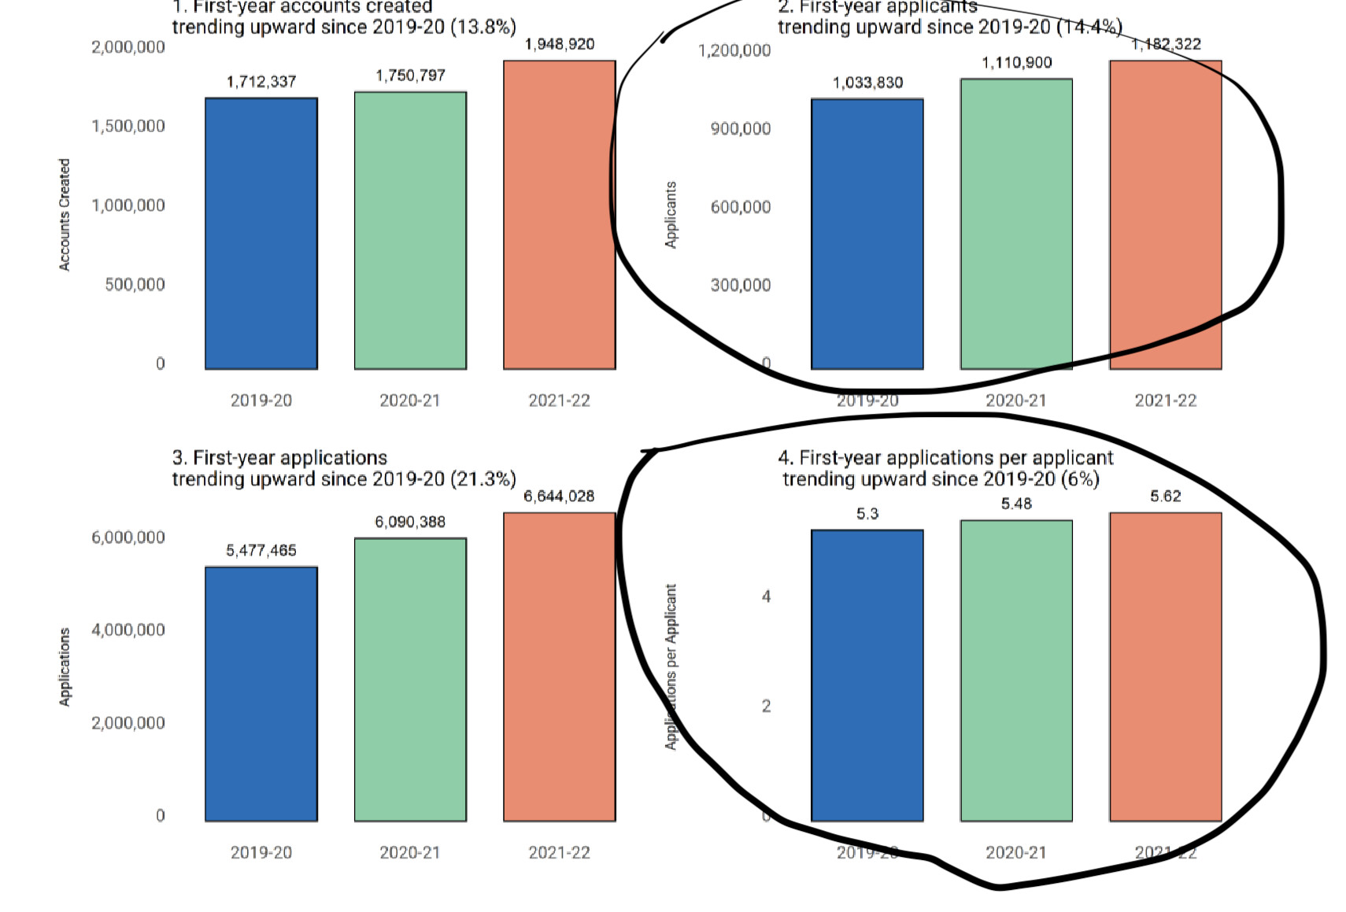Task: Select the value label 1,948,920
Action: [560, 44]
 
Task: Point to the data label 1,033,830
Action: [867, 83]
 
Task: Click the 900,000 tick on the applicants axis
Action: [741, 128]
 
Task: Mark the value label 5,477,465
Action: [261, 550]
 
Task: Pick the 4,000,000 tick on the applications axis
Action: [128, 630]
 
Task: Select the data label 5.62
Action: [1166, 496]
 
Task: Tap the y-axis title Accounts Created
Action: [65, 215]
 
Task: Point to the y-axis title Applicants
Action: [671, 215]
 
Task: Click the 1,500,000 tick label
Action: [128, 126]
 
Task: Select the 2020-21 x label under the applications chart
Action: [410, 852]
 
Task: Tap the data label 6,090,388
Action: [410, 522]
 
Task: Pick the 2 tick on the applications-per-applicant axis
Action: [766, 706]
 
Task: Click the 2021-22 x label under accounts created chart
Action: [560, 401]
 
